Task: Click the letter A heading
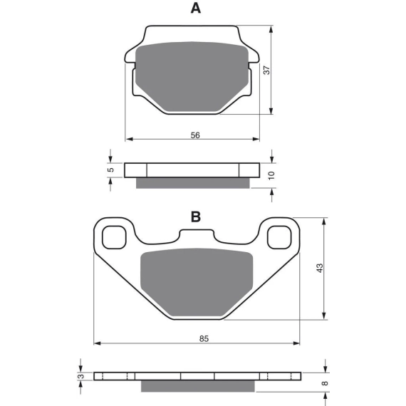click(x=196, y=9)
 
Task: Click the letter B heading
click(x=196, y=217)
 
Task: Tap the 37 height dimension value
click(x=266, y=71)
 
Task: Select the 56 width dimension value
click(x=195, y=135)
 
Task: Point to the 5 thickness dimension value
click(x=110, y=170)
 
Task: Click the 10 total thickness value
click(x=271, y=175)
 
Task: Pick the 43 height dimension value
click(x=320, y=268)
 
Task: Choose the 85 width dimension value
click(x=204, y=338)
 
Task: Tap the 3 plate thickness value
click(x=81, y=376)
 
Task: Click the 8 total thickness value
click(x=325, y=383)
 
